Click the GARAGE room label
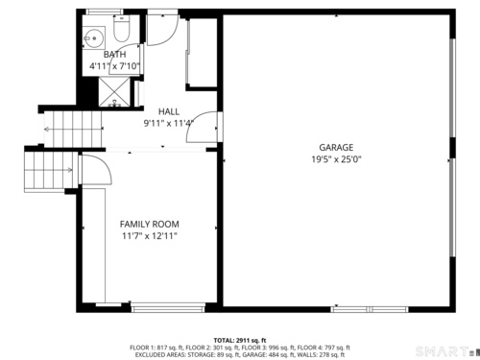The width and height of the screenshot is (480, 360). pos(336,148)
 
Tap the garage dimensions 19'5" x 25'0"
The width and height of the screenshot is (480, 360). pos(336,159)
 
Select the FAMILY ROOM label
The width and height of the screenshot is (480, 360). pos(150,224)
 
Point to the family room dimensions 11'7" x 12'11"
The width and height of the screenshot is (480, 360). pos(150,236)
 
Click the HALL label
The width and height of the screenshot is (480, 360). pos(169,111)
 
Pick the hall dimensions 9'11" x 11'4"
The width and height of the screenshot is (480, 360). pos(169,123)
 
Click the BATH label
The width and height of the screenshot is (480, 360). pos(114,55)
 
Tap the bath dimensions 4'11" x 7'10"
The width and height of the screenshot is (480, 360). pos(114,66)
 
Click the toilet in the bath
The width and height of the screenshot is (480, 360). pos(122,29)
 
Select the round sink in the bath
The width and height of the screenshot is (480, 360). pos(93,38)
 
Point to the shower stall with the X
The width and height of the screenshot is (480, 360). pos(114,91)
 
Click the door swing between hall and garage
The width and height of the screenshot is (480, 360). pos(203,127)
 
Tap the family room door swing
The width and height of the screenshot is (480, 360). pos(96,170)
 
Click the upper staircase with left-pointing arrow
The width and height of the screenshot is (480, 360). pos(73,129)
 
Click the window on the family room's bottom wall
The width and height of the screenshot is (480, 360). pos(168,309)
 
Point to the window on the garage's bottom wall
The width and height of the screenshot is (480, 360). pos(370,309)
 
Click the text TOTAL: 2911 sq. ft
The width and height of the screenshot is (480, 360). pos(240,341)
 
